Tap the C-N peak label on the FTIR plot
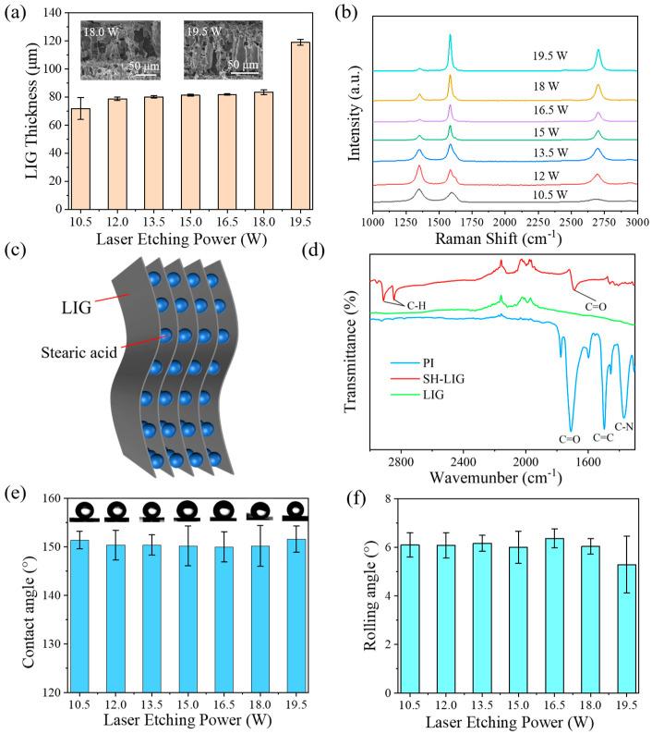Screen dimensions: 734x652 point(625,427)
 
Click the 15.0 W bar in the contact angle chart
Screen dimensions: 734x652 point(187,618)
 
